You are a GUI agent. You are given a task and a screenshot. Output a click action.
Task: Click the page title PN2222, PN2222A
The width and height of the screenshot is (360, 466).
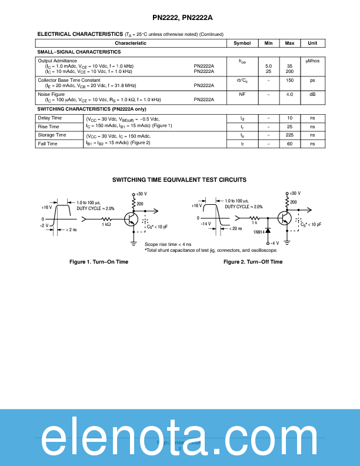[x=179, y=17]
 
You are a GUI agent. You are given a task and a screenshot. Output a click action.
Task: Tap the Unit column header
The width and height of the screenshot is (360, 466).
[x=312, y=43]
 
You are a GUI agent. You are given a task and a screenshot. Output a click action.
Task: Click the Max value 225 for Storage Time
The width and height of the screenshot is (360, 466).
[x=289, y=135]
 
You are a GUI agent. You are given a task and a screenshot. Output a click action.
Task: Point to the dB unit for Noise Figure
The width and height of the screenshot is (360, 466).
[x=312, y=94]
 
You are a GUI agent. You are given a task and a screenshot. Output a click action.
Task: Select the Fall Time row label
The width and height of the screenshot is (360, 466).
[x=48, y=144]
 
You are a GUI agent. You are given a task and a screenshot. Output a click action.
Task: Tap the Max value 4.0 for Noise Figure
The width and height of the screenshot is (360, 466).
[x=289, y=94]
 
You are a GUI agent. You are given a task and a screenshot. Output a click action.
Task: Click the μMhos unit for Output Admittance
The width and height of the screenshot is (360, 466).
[x=312, y=61]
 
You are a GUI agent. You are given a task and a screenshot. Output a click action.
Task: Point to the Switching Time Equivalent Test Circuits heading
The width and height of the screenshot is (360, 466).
[x=179, y=179]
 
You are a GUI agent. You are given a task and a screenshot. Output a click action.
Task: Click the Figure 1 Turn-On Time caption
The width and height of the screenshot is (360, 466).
[x=99, y=261]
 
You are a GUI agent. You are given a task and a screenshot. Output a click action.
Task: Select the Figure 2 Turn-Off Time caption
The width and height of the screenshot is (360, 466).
[x=253, y=261]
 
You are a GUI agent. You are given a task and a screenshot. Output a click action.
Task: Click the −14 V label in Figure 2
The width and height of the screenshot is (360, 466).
[x=205, y=224]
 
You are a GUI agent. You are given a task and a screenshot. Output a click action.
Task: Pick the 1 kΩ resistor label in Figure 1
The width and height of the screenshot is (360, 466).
[x=106, y=224]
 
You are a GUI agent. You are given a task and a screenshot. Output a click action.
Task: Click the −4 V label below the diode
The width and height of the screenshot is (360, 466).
[x=274, y=243]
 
